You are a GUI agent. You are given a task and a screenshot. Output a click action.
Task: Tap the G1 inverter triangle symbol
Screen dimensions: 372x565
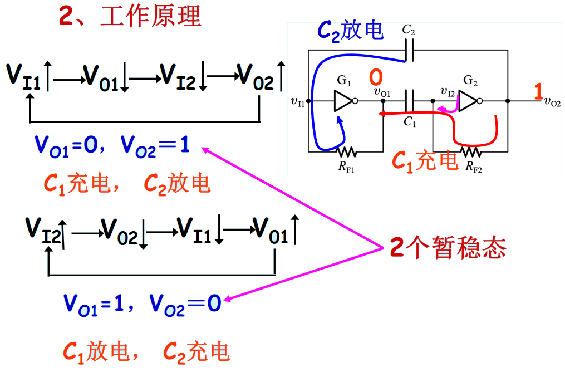pyautogui.click(x=344, y=101)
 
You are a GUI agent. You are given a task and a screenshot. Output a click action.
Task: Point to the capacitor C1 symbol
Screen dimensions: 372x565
pyautogui.click(x=409, y=101)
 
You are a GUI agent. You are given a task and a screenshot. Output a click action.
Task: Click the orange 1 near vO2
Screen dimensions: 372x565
pyautogui.click(x=538, y=91)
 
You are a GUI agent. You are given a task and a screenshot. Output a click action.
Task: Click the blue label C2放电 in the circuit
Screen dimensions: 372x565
pyautogui.click(x=350, y=30)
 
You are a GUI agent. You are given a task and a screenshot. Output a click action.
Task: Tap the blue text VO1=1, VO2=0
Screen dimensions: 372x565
pyautogui.click(x=143, y=305)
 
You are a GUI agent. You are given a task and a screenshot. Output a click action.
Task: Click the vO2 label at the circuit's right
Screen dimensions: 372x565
pyautogui.click(x=552, y=101)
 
